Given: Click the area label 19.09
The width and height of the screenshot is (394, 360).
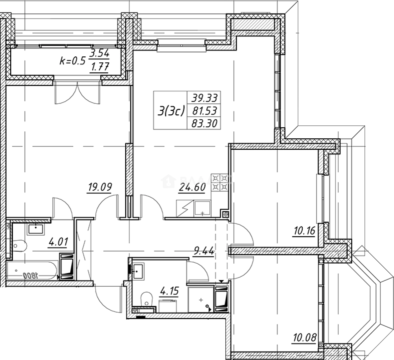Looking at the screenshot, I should click(99, 187).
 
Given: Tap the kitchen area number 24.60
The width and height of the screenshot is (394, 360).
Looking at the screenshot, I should click(192, 187).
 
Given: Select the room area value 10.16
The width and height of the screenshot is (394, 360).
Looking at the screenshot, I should click(304, 231).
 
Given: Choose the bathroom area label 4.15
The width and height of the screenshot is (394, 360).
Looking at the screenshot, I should click(170, 291).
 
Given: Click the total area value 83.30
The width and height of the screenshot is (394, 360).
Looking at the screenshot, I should click(204, 124).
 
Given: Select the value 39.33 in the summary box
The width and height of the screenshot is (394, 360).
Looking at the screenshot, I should click(204, 98).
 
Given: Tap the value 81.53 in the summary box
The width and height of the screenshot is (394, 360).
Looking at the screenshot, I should click(204, 110).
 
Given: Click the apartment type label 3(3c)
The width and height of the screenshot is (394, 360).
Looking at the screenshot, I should click(171, 111).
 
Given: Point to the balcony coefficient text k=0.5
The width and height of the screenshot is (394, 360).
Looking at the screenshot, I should click(72, 61).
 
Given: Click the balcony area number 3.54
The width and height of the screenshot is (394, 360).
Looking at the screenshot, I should click(100, 53).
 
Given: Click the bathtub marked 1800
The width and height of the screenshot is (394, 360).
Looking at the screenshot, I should click(32, 271).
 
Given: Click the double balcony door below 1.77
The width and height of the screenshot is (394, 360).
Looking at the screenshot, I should click(77, 93).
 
